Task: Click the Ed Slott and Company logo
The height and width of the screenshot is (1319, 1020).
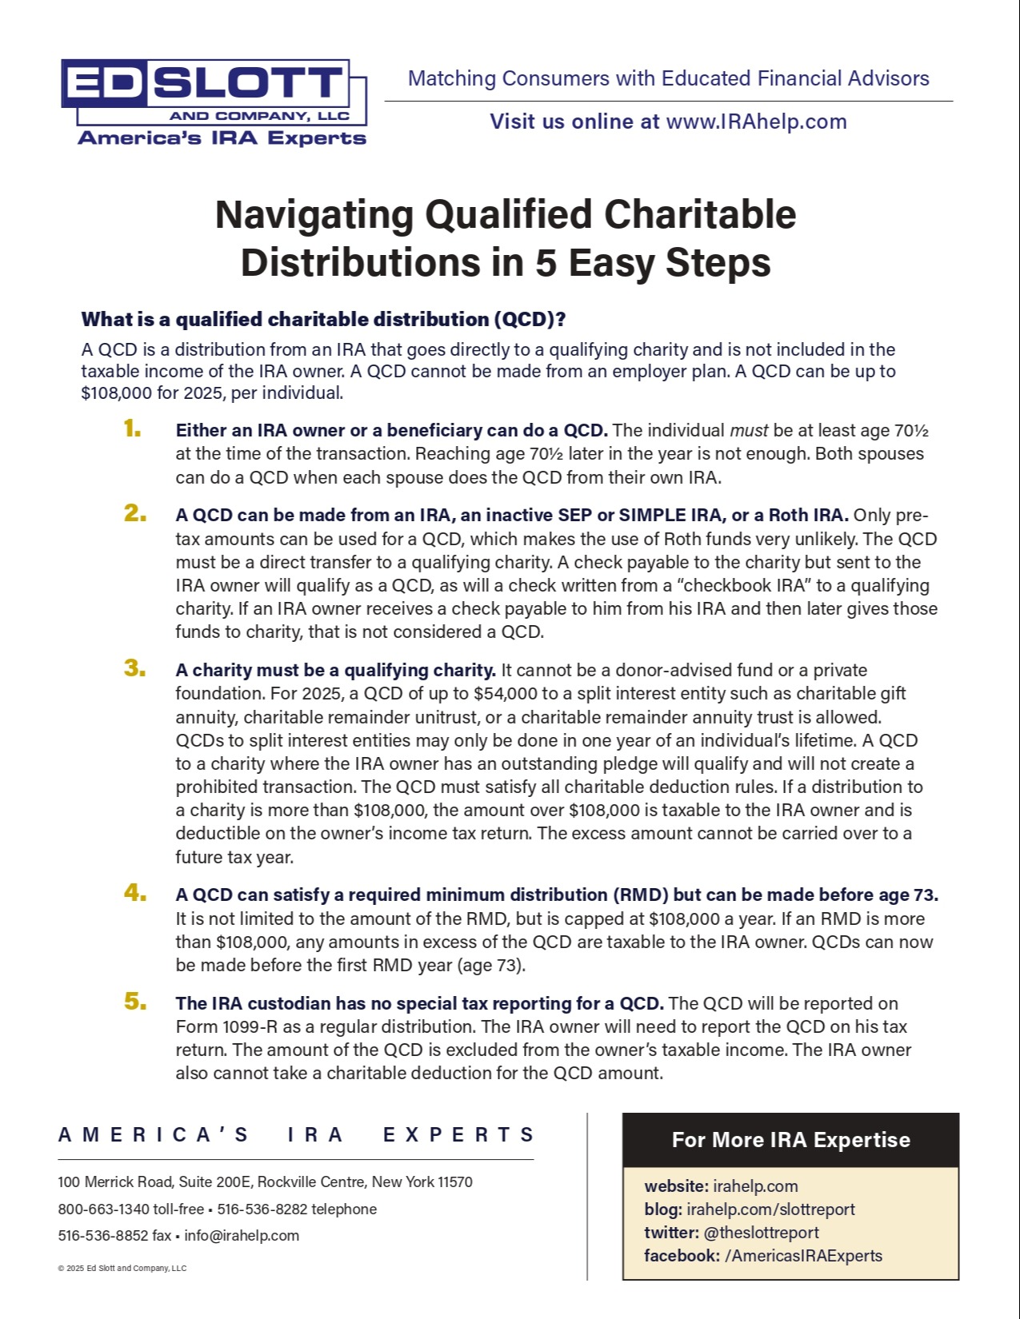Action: [214, 102]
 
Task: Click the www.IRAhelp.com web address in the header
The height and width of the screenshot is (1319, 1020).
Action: [756, 122]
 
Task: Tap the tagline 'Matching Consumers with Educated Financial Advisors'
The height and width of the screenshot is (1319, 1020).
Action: [668, 78]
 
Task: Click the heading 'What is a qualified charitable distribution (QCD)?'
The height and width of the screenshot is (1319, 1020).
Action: [323, 320]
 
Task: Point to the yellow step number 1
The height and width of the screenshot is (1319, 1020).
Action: [133, 429]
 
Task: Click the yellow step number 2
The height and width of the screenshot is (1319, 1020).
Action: [135, 513]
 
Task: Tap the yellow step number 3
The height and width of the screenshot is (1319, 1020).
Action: [135, 668]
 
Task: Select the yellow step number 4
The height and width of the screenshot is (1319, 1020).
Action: [135, 893]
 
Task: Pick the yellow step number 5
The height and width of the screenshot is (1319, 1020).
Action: [135, 1002]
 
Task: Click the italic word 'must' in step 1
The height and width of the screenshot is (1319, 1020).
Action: [749, 431]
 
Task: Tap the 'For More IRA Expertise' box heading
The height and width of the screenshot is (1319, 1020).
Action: [790, 1140]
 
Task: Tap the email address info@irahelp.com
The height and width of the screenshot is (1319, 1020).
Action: [242, 1236]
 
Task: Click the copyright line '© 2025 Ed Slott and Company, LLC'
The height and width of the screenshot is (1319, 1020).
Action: [122, 1269]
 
